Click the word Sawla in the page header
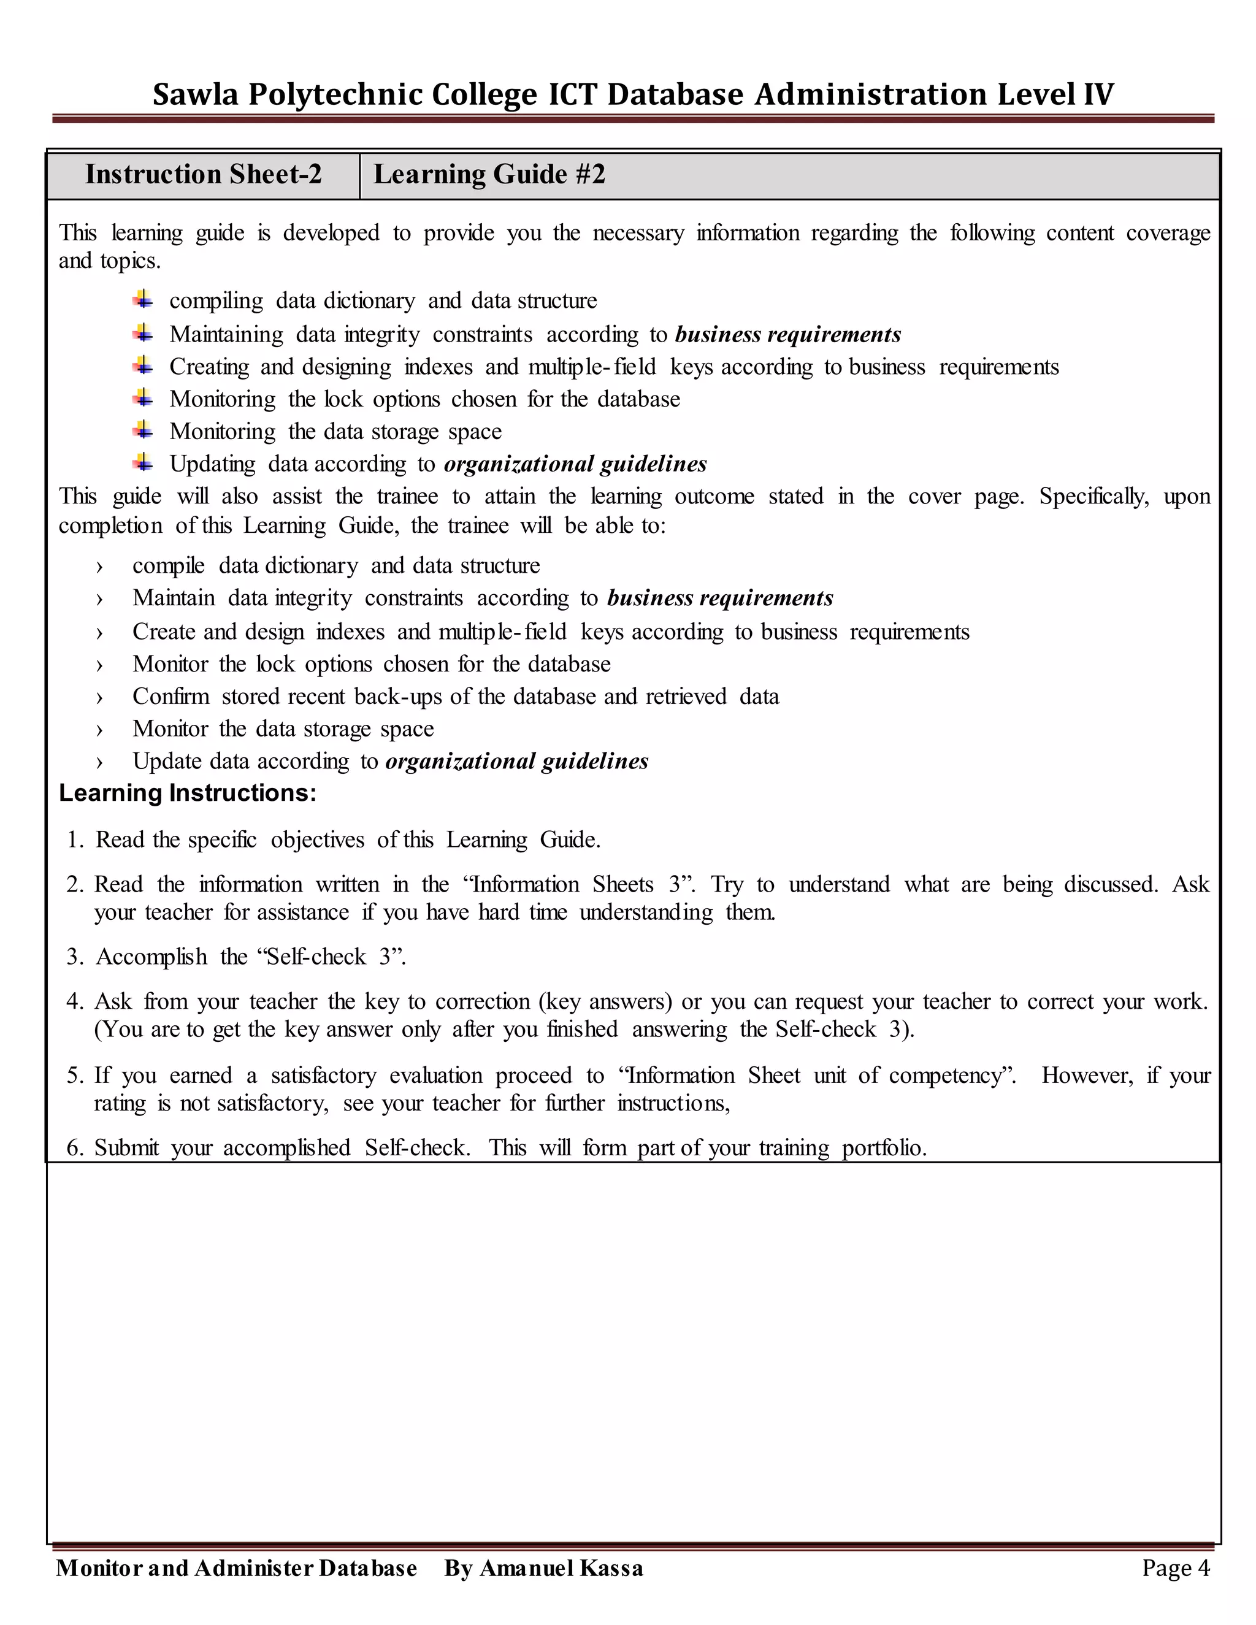195,94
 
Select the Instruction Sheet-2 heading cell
203,175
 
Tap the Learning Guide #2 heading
489,175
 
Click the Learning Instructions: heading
188,793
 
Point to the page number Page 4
1176,1568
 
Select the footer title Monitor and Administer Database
237,1568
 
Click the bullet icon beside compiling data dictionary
144,300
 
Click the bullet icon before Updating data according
144,463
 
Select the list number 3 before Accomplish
74,957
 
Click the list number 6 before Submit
74,1148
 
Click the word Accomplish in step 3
152,957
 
